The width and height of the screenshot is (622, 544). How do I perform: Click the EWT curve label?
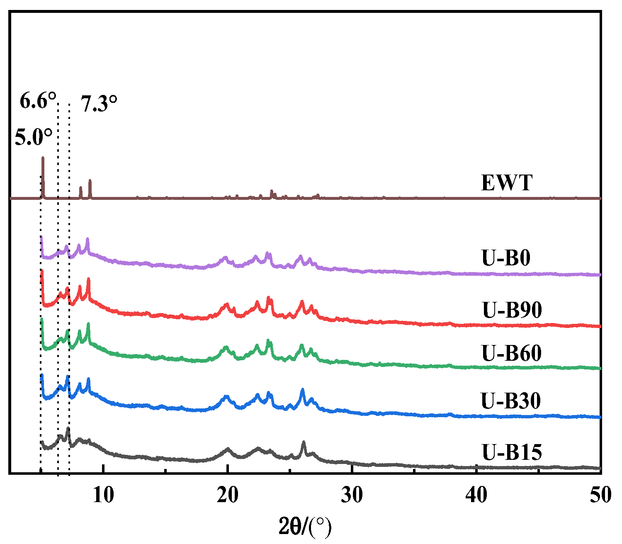[x=506, y=183]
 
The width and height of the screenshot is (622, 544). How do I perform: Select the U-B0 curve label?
[x=506, y=258]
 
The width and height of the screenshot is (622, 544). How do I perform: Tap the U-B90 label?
[x=512, y=310]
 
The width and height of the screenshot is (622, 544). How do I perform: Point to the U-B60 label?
[x=511, y=353]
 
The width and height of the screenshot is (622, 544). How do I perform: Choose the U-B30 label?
[x=510, y=401]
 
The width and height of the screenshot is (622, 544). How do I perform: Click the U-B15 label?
[x=512, y=452]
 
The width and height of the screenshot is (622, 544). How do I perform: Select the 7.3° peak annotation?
[x=99, y=104]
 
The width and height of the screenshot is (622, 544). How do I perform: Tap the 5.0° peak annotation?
[x=34, y=137]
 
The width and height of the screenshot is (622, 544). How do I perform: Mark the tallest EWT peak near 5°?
[x=43, y=158]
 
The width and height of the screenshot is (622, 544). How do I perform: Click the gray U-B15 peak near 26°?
[x=304, y=443]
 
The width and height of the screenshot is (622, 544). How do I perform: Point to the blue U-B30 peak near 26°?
[x=302, y=390]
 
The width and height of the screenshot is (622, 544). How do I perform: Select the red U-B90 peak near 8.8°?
[x=88, y=280]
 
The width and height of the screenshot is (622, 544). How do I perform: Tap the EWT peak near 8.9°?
[x=90, y=181]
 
